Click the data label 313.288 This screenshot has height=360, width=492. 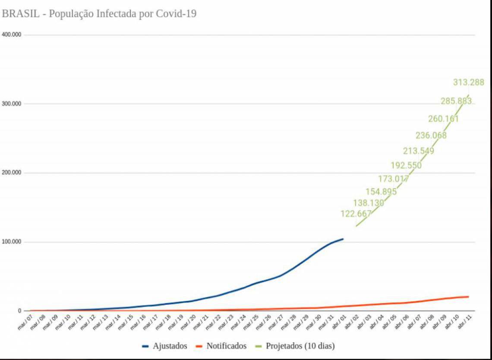[468, 82]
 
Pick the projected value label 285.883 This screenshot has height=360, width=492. [456, 101]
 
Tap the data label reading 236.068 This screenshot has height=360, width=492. [431, 136]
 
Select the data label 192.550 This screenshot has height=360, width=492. [406, 165]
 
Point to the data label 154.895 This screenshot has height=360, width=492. [381, 192]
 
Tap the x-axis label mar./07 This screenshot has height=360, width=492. [25, 322]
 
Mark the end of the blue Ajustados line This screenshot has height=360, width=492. [343, 239]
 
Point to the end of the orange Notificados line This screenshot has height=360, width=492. [468, 297]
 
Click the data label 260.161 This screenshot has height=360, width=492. [443, 119]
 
